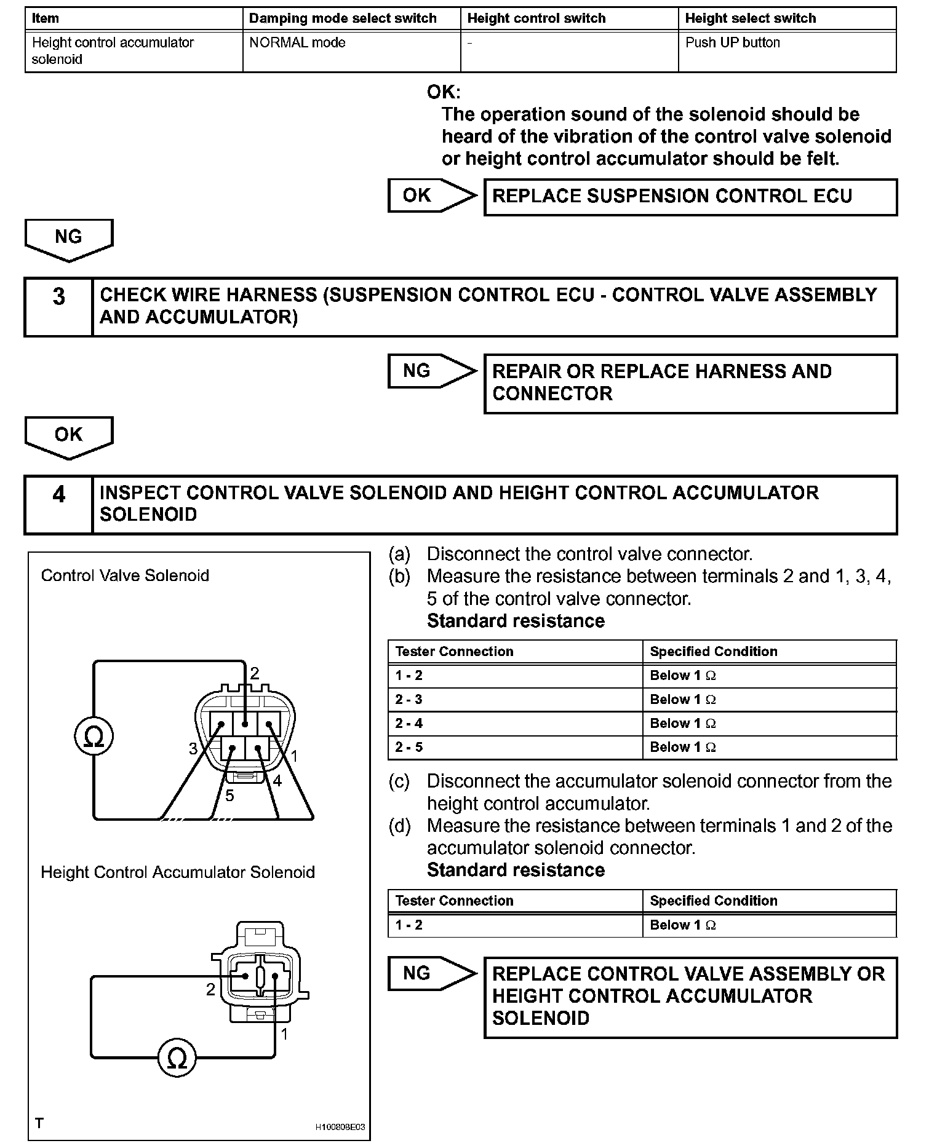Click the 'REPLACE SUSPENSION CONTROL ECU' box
point(690,197)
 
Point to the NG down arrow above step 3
point(69,239)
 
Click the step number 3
point(58,297)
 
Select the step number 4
point(58,495)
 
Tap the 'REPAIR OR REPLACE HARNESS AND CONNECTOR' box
point(690,383)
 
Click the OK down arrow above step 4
point(69,437)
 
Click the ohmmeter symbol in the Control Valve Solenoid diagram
point(94,737)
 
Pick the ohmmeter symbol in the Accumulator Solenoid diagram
point(177,1058)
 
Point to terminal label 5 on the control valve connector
point(229,796)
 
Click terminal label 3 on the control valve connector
point(193,748)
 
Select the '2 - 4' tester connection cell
point(514,724)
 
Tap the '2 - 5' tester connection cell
point(514,748)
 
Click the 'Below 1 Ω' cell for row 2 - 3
point(769,700)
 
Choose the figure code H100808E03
point(340,1127)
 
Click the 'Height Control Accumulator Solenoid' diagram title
point(177,872)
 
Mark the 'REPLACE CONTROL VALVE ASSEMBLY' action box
point(690,997)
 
